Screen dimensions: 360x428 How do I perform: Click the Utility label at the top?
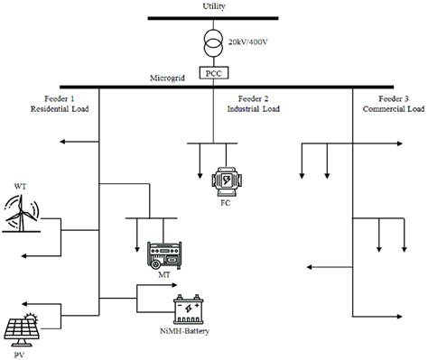coord(214,6)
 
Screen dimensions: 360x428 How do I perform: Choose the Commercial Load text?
coord(386,108)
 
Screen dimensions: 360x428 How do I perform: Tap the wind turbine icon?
coord(24,214)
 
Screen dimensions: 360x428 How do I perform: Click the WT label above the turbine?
coord(21,187)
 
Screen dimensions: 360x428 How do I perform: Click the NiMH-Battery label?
coord(191,332)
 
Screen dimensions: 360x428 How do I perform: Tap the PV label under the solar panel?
coord(20,353)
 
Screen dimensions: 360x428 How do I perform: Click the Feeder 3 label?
coord(386,97)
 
